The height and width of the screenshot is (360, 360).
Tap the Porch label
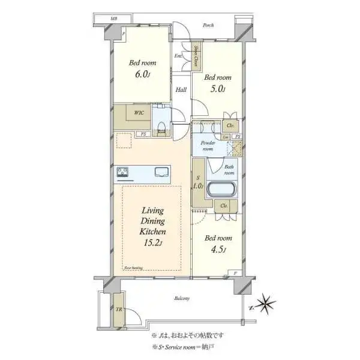click(x=208, y=25)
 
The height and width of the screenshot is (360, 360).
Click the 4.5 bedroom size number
click(x=216, y=250)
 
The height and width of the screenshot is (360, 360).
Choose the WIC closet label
click(x=139, y=112)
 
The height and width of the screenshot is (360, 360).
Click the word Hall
click(x=181, y=90)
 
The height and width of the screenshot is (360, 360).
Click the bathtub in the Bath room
click(x=222, y=190)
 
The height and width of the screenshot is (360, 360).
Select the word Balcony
click(x=182, y=298)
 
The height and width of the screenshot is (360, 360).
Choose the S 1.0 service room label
click(x=197, y=182)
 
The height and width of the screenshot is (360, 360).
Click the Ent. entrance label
click(x=178, y=56)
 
